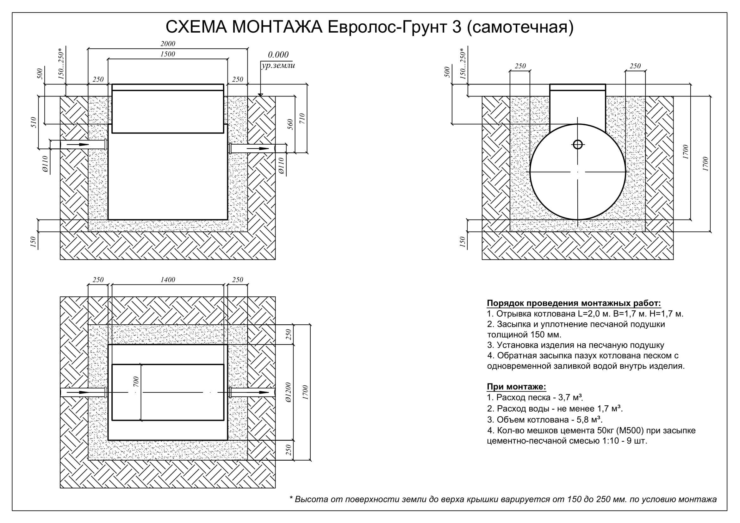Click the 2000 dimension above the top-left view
click(x=168, y=43)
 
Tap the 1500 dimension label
click(x=168, y=54)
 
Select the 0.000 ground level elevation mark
click(x=278, y=54)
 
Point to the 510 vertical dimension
click(x=34, y=122)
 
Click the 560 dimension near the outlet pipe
click(x=290, y=124)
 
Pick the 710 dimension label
click(x=302, y=119)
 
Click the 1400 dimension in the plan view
click(x=168, y=280)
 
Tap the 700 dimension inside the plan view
click(x=136, y=382)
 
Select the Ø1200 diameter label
click(x=288, y=393)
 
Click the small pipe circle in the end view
click(x=578, y=144)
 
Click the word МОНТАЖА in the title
click(x=277, y=27)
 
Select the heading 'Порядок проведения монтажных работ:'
click(x=574, y=303)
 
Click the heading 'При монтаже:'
click(x=516, y=387)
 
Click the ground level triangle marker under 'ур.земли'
click(x=260, y=95)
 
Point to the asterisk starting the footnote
click(x=291, y=499)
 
